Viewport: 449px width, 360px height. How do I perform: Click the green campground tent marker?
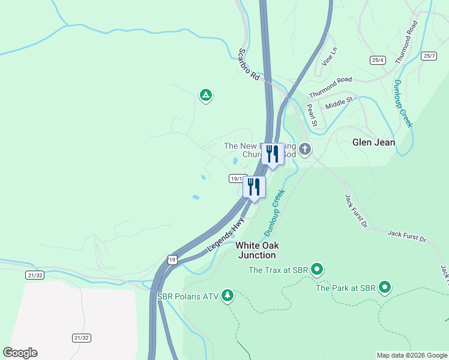point(206,95)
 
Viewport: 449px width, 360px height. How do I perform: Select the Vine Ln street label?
point(330,57)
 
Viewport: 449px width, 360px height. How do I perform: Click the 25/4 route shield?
point(378,59)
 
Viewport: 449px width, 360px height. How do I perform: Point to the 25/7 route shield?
point(429,56)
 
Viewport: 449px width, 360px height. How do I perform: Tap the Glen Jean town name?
point(373,142)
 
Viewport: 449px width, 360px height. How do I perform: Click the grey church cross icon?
point(305,149)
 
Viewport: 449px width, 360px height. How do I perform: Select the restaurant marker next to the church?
point(273,154)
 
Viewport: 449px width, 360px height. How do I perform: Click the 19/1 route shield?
point(237,178)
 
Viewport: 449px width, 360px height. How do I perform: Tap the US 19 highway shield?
point(172,259)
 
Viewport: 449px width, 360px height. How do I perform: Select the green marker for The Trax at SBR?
point(317,270)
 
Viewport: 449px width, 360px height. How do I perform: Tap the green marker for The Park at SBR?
point(385,288)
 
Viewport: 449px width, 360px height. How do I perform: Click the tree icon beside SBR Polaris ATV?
point(227,295)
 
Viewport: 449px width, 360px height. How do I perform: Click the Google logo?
point(20,353)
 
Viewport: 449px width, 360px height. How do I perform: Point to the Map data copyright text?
point(411,355)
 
